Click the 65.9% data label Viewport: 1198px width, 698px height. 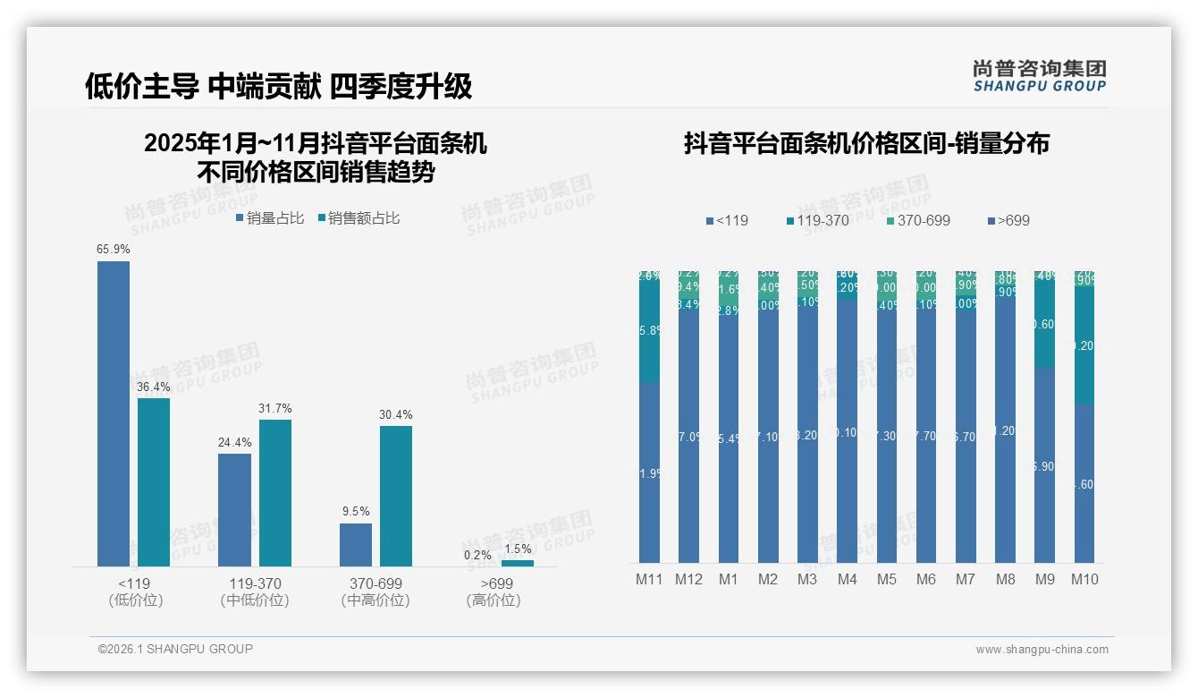[114, 250]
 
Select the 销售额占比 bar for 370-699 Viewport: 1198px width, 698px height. [396, 496]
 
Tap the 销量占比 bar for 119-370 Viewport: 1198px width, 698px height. [234, 509]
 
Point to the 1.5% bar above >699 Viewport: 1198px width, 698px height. [517, 563]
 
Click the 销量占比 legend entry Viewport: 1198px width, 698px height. [269, 218]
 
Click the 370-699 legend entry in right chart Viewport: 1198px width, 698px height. [918, 220]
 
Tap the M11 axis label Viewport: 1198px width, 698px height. [650, 579]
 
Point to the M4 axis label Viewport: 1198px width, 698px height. [848, 579]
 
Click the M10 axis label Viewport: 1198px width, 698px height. [1084, 579]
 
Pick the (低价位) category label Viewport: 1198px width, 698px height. [136, 600]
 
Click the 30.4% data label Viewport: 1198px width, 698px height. [396, 414]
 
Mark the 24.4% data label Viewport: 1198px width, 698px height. [234, 442]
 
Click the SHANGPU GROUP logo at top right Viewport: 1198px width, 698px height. [1039, 75]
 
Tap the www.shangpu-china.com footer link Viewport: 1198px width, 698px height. [1042, 650]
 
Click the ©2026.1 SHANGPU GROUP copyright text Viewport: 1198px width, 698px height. [175, 649]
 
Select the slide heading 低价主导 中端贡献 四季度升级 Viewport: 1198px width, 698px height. [278, 86]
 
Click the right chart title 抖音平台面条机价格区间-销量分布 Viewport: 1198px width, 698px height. [866, 143]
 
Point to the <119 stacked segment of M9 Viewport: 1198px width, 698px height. [1045, 465]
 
